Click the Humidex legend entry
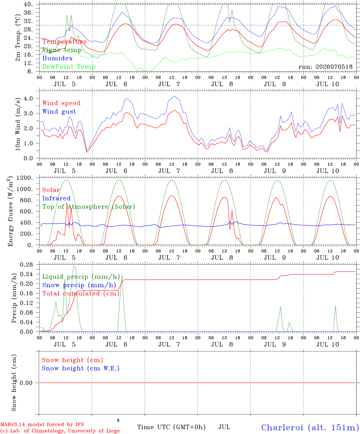pos(57,58)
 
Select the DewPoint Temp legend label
pos(69,67)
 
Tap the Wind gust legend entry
pos(59,112)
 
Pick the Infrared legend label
pos(56,198)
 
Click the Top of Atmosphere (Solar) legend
pos(89,207)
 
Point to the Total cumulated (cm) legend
pos(81,294)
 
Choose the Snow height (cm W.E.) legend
pos(81,368)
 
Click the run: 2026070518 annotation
pos(326,67)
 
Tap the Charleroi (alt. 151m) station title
pos(310,427)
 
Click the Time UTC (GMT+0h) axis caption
pos(171,427)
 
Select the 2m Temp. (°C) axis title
pos(18,38)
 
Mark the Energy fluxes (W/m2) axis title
pos(10,211)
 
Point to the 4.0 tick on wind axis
pos(28,99)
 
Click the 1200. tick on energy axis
pos(25,178)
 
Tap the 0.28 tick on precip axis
pos(27,265)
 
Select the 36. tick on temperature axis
pos(28,13)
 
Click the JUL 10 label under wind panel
pos(328,171)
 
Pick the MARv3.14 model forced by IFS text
pos(42,424)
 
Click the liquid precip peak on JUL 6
pos(122,275)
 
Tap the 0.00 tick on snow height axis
pos(26,383)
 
